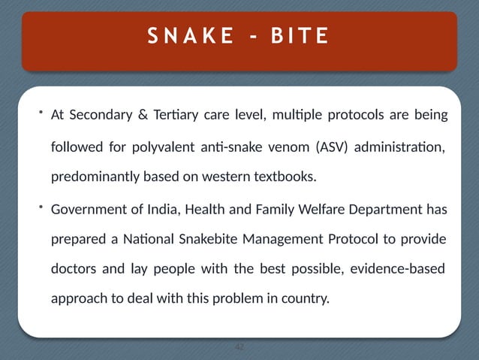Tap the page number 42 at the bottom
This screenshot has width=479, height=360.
tap(239, 347)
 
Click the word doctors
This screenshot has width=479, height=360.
tap(74, 269)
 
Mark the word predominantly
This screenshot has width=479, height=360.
tap(92, 177)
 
